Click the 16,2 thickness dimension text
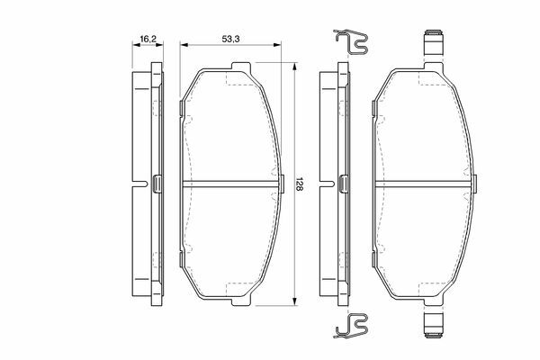pos(148,40)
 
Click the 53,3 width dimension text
pos(230,40)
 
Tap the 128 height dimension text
pos(299,184)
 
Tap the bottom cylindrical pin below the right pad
pos(433,325)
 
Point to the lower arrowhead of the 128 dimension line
pos(293,301)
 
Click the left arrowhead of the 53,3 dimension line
pos(184,45)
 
